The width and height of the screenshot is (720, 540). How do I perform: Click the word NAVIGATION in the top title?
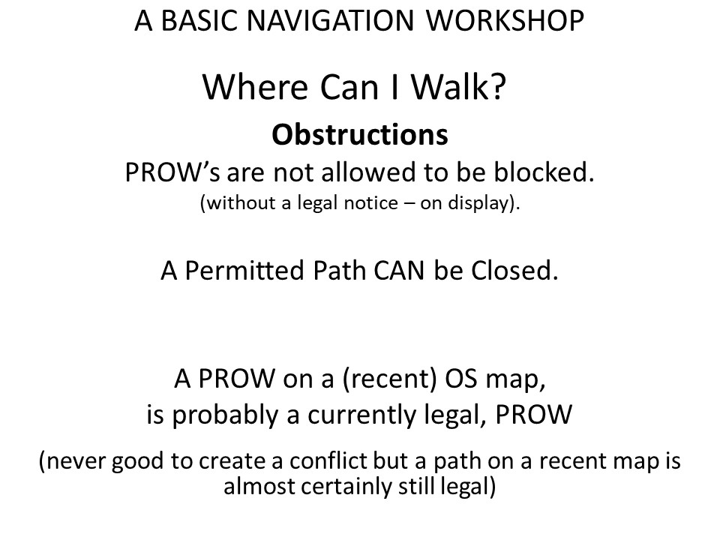[x=330, y=21]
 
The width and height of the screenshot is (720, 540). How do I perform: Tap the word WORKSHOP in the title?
[x=505, y=21]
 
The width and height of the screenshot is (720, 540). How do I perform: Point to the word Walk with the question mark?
[x=458, y=87]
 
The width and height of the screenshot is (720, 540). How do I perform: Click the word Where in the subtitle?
[x=255, y=87]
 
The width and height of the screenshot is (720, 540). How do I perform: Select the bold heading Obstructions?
[x=360, y=135]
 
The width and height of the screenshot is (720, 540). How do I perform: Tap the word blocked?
[x=544, y=172]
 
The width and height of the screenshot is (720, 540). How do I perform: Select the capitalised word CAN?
[x=398, y=271]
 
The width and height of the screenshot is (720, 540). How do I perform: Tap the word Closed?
[x=514, y=271]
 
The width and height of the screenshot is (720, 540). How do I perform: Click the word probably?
[x=226, y=415]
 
